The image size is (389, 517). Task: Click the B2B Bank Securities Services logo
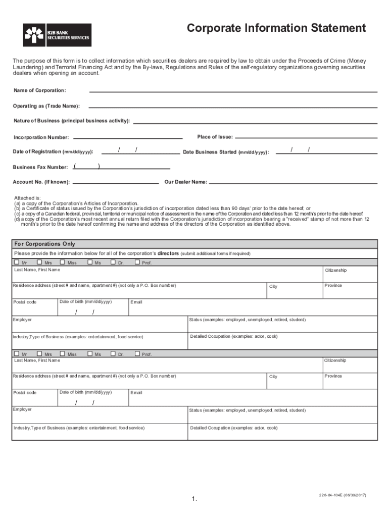57,35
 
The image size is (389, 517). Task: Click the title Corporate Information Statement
276,28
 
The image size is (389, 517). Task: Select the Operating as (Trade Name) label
46,106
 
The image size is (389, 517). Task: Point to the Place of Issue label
215,137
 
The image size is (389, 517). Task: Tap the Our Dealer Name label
185,182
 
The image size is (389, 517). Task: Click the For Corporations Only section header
44,244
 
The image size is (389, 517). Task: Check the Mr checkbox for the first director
17,262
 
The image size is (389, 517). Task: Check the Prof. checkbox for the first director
137,262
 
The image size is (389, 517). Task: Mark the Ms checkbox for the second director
90,353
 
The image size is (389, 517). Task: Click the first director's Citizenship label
335,270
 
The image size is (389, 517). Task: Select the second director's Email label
136,393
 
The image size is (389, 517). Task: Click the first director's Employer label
23,320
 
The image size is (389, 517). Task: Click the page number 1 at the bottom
193,499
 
